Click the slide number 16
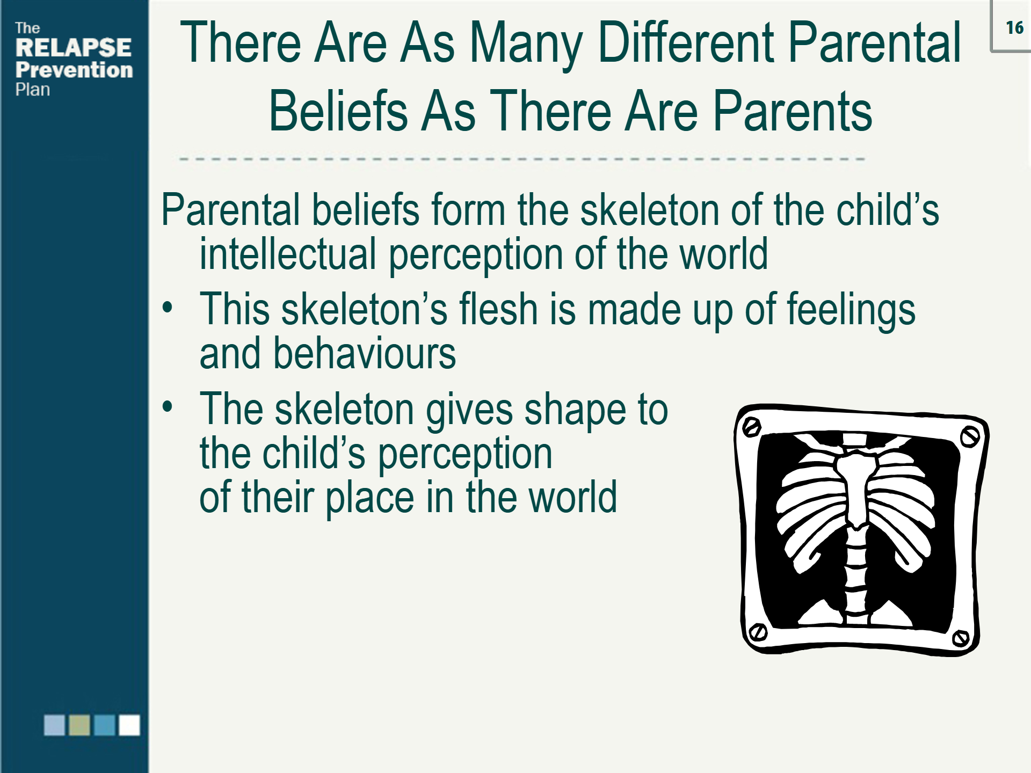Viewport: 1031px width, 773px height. [1014, 28]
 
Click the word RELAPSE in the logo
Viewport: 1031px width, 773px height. [73, 48]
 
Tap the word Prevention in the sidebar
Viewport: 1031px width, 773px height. [74, 70]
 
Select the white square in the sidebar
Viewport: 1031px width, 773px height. [129, 725]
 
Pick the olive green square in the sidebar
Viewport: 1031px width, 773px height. [79, 725]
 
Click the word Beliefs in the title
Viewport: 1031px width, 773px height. [338, 111]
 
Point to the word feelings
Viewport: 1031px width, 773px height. [851, 310]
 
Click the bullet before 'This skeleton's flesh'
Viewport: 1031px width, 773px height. [168, 308]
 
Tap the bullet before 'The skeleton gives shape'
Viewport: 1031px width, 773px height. [168, 406]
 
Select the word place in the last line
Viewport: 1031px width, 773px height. [369, 498]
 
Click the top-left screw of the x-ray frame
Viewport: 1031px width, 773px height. [751, 427]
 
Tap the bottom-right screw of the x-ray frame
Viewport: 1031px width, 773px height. [960, 638]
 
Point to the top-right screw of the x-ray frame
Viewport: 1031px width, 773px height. [969, 436]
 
